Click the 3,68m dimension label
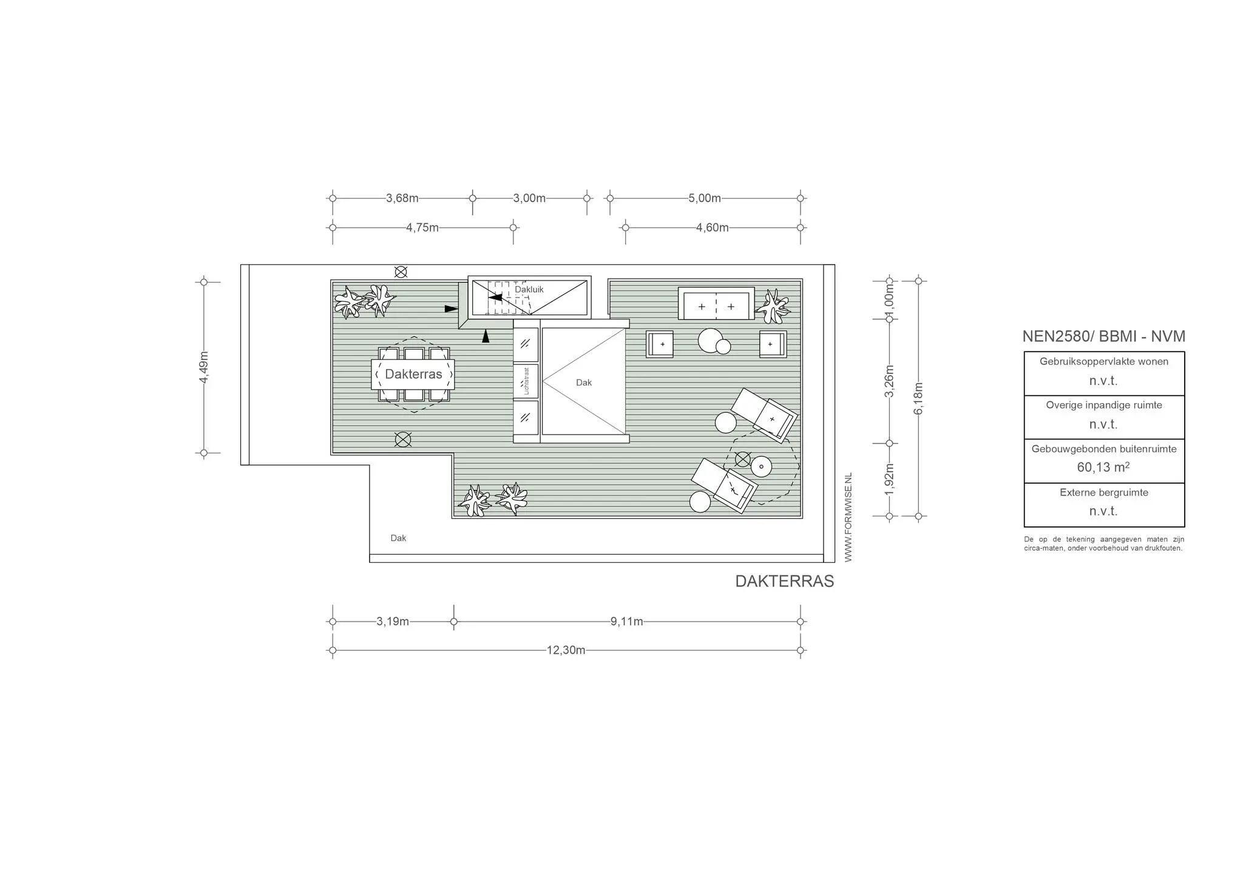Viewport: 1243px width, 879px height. click(x=402, y=198)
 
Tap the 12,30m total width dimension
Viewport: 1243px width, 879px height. click(x=566, y=650)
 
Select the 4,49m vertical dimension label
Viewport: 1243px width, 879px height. click(x=204, y=367)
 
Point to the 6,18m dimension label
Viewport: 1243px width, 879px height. click(x=918, y=398)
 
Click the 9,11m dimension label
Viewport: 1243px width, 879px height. click(x=626, y=622)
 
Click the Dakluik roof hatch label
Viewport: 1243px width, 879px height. click(x=529, y=290)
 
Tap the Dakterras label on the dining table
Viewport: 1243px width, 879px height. click(x=413, y=374)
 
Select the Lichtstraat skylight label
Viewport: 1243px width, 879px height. click(x=526, y=381)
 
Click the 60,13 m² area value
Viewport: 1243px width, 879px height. click(x=1103, y=467)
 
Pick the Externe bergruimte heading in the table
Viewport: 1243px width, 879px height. click(x=1103, y=492)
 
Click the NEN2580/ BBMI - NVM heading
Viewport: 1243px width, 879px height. click(x=1103, y=336)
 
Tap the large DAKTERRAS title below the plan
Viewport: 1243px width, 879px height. click(x=784, y=581)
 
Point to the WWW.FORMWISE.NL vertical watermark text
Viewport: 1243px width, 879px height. click(x=848, y=517)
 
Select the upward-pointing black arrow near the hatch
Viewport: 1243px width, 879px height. click(x=486, y=336)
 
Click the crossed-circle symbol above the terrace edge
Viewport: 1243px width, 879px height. click(x=401, y=272)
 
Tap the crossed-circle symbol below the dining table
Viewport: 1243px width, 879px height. click(x=402, y=439)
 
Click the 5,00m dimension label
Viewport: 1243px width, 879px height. click(x=704, y=198)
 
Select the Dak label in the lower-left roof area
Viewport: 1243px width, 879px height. click(x=398, y=538)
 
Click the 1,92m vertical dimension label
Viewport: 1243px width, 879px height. click(x=889, y=479)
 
